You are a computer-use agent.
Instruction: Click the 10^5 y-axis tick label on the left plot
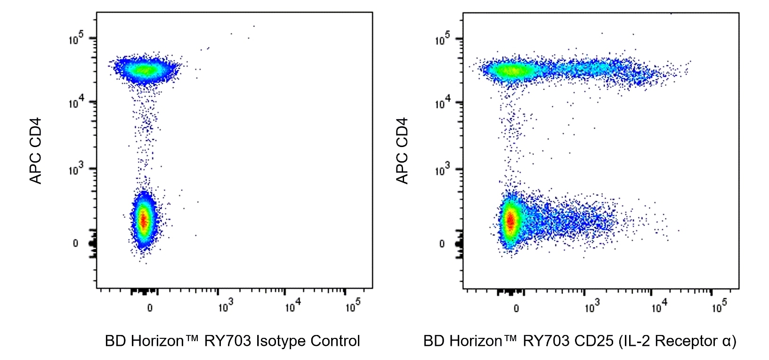pos(76,39)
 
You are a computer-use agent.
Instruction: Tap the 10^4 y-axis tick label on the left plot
pos(76,102)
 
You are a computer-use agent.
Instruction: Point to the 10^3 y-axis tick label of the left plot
pos(76,169)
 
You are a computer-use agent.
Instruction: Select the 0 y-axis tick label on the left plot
pos(75,243)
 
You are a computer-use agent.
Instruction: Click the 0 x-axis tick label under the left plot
pos(150,308)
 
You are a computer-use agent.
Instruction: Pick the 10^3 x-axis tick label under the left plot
pos(226,307)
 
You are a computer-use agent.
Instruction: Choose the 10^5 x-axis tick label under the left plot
pos(353,307)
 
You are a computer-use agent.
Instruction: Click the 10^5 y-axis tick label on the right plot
pos(442,39)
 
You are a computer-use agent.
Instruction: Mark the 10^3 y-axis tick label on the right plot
pos(442,169)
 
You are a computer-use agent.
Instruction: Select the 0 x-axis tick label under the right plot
pos(516,308)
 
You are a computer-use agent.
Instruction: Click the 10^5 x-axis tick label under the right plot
pos(719,307)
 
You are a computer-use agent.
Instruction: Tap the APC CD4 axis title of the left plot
pos(36,151)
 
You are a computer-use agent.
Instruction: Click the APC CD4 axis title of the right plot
pos(402,151)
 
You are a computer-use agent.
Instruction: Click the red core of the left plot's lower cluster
pos(144,220)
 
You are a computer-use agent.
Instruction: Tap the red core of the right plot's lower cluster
pos(510,220)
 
